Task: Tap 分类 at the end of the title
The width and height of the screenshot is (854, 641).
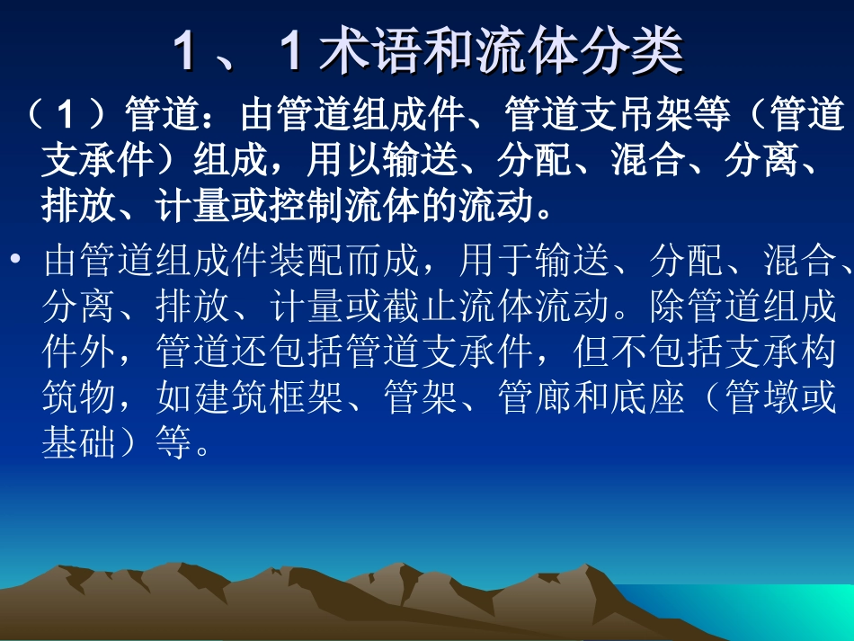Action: click(x=645, y=51)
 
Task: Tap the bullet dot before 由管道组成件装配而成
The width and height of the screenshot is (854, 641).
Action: click(x=15, y=262)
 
